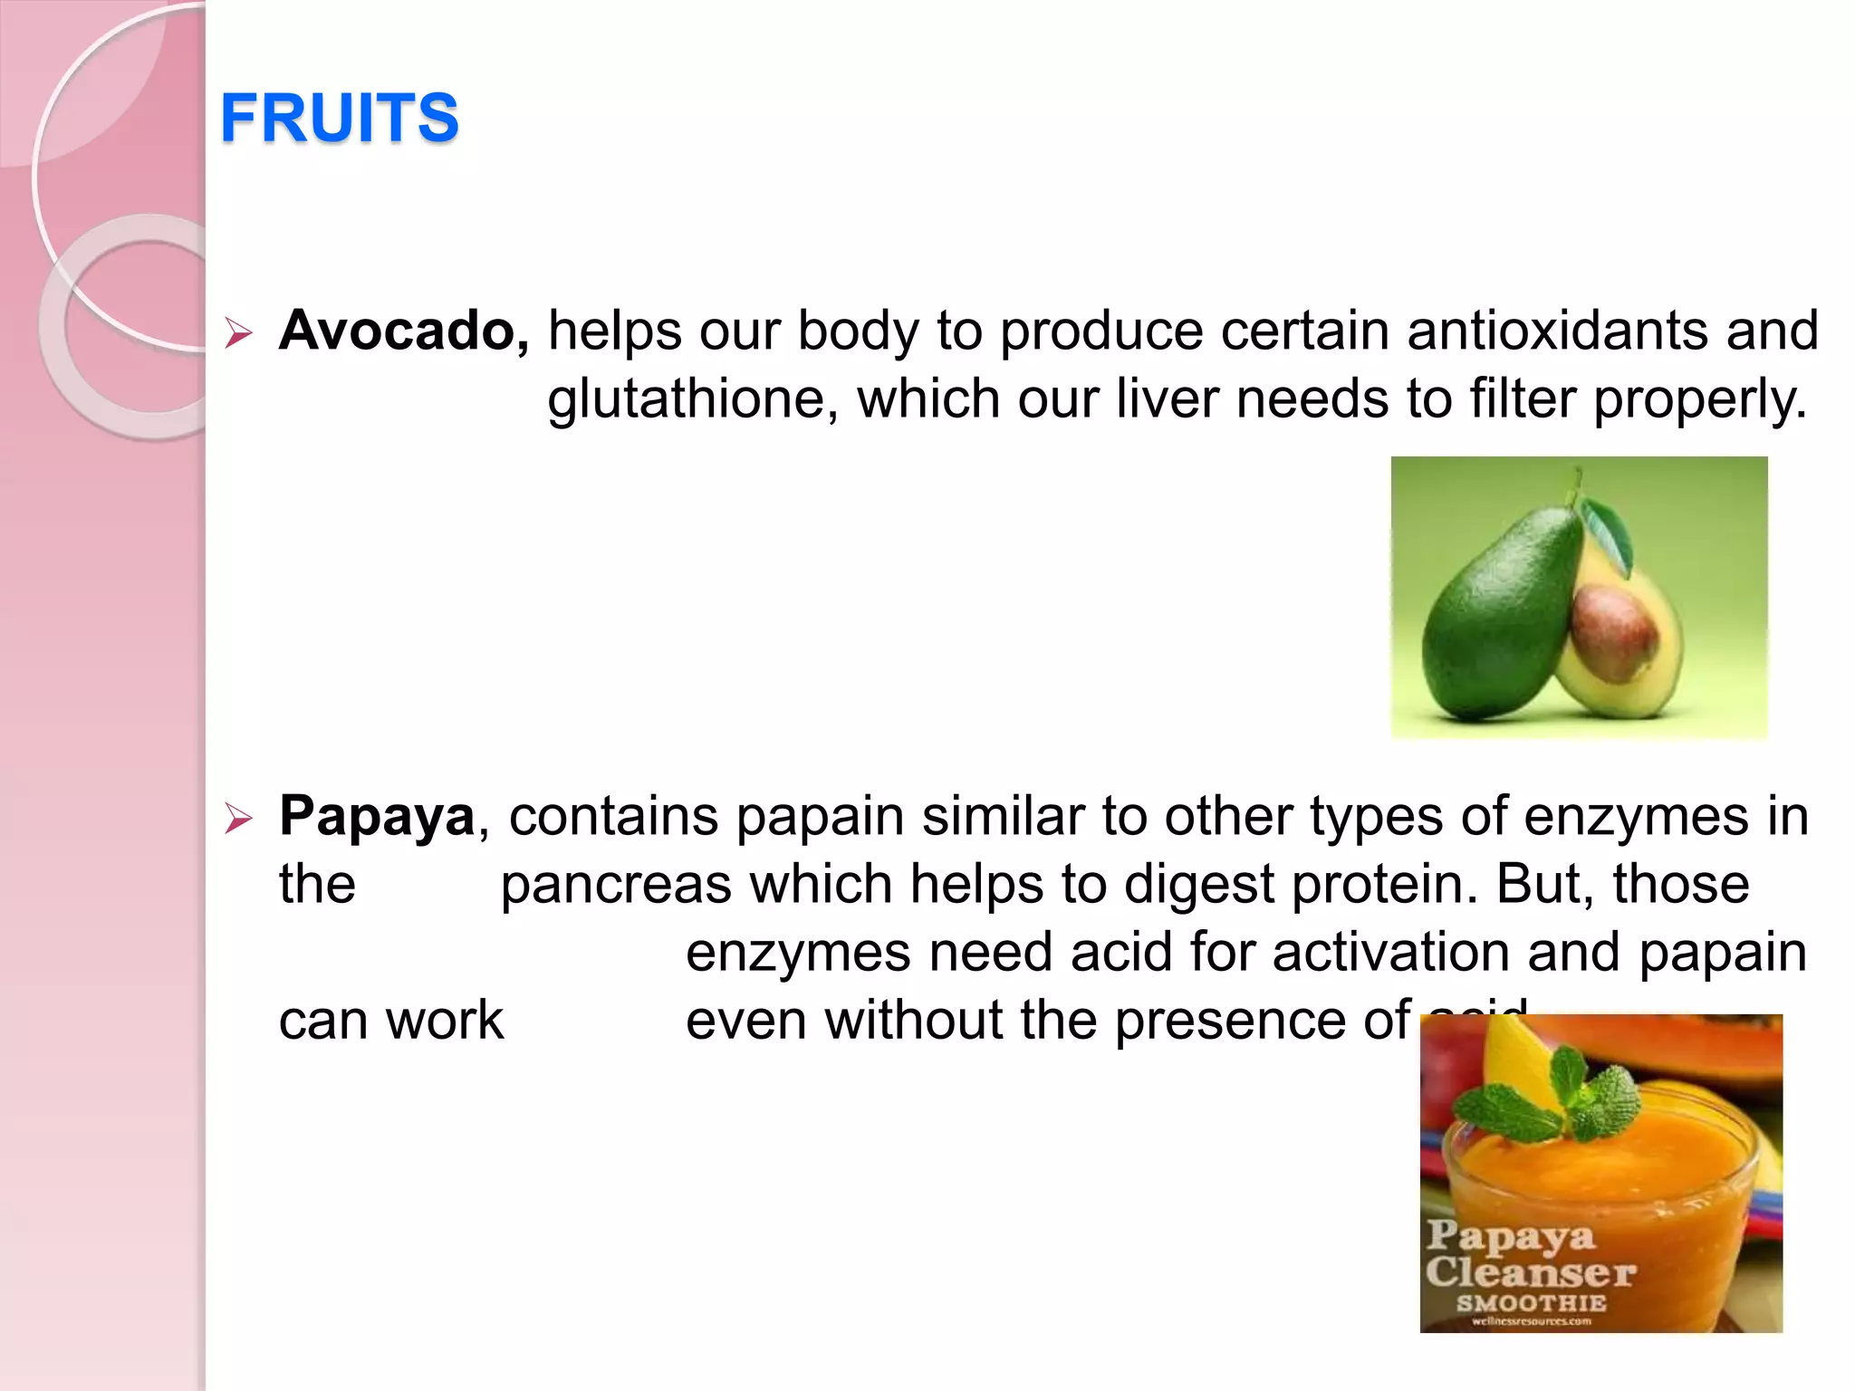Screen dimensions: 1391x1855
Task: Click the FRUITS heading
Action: click(x=340, y=118)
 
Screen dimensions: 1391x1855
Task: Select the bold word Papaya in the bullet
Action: click(x=377, y=816)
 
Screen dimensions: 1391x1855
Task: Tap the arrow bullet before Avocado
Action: click(x=238, y=333)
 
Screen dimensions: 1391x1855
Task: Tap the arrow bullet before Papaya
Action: click(x=238, y=819)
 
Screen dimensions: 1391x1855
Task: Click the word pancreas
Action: click(x=616, y=885)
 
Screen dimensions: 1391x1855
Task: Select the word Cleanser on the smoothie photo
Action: click(x=1531, y=1272)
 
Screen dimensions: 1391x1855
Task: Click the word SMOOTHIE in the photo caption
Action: click(x=1531, y=1304)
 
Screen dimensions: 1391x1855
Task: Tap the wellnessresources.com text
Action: click(x=1531, y=1321)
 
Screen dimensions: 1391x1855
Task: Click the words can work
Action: click(x=390, y=1022)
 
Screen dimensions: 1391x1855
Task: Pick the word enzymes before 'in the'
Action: click(x=1636, y=816)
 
